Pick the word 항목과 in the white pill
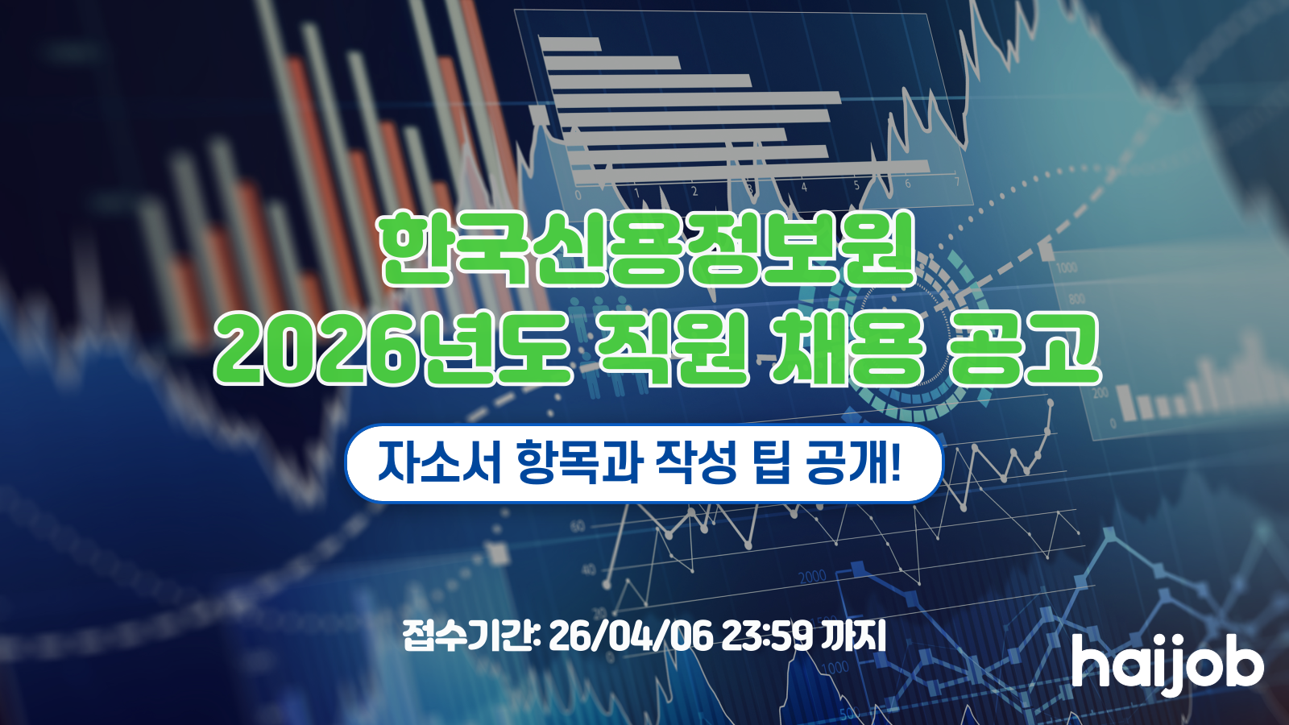tap(578, 462)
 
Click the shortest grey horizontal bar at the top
tap(570, 44)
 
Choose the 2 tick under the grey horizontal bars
tap(694, 192)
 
